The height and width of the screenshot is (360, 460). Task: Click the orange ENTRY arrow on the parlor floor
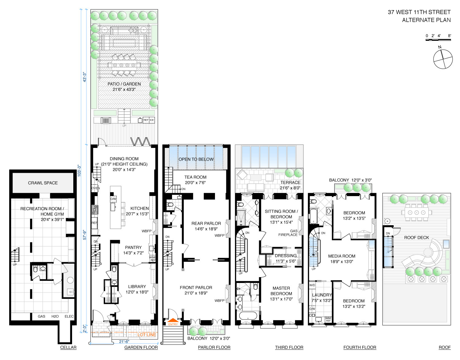pos(173,320)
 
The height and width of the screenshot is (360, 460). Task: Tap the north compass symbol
pos(443,59)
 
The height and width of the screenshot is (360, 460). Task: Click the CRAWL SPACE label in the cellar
pos(43,183)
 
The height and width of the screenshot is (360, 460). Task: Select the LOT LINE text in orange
pos(147,335)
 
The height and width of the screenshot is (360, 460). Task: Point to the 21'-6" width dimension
pos(124,342)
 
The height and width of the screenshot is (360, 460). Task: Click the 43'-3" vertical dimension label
pos(84,77)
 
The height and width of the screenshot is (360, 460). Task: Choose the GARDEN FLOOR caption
pos(141,347)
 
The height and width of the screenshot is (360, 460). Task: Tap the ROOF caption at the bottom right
pos(445,347)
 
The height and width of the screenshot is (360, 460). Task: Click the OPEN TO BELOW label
pos(196,159)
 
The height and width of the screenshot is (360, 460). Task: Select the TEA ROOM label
pos(195,177)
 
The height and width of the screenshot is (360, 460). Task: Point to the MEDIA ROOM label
pos(342,256)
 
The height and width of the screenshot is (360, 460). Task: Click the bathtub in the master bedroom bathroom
pos(248,316)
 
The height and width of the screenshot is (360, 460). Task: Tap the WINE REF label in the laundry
pos(328,319)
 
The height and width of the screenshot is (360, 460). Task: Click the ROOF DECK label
pos(416,238)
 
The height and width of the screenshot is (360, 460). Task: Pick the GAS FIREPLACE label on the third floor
pos(288,233)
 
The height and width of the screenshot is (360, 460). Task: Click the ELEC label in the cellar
pos(69,316)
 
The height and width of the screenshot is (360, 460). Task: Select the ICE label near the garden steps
pos(152,120)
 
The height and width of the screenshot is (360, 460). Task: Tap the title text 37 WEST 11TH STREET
pos(419,12)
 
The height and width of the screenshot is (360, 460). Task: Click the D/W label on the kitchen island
pos(113,199)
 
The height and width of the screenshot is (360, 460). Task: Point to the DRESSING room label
pos(286,256)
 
